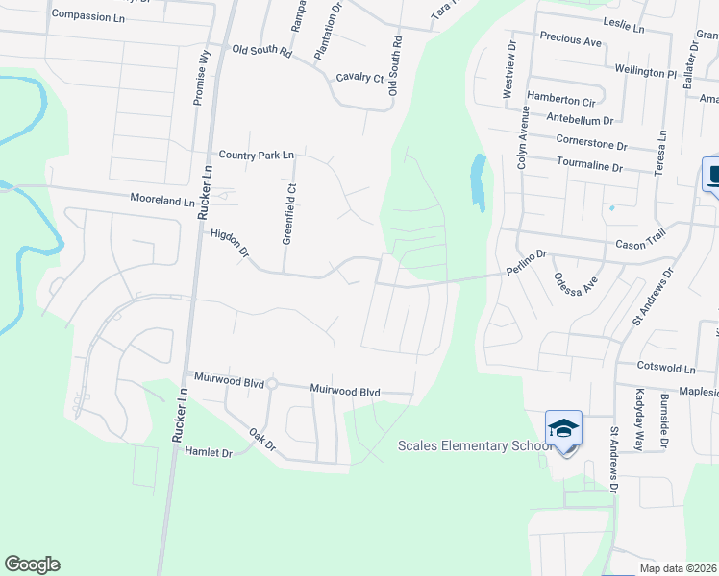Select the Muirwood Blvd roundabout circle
[x=272, y=384]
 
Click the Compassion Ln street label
[x=88, y=15]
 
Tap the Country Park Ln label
[x=256, y=155]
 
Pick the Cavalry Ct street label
[x=359, y=78]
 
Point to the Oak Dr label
[x=262, y=441]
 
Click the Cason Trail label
[x=641, y=244]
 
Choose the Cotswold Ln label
[x=666, y=368]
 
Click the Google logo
[x=32, y=564]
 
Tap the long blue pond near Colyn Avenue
[x=478, y=181]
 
